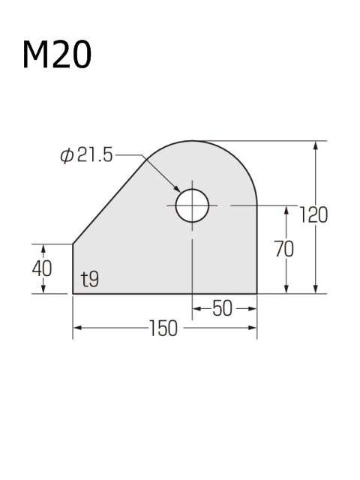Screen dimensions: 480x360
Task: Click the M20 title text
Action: tap(57, 55)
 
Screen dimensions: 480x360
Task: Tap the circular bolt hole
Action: tap(192, 205)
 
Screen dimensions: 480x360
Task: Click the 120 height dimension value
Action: tap(313, 214)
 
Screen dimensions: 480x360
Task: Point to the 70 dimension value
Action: tap(284, 249)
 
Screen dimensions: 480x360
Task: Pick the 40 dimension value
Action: tap(43, 268)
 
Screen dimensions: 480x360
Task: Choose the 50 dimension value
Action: tap(223, 308)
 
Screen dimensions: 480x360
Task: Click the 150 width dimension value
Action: tap(163, 328)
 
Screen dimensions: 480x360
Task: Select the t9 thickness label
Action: tap(90, 280)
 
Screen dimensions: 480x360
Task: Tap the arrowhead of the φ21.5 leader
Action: tap(177, 190)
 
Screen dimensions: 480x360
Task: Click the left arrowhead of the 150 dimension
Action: tap(77, 328)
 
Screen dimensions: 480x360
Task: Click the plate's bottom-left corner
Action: tap(73, 294)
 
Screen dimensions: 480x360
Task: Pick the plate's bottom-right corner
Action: tap(257, 294)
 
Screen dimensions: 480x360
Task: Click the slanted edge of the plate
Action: tap(109, 199)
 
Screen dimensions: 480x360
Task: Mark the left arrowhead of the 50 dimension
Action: tap(196, 308)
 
